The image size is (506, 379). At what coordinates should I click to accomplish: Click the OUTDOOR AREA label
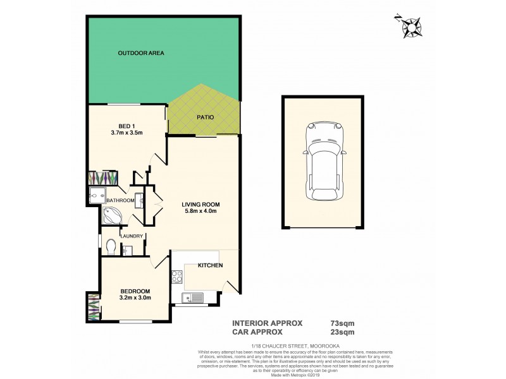[141, 53]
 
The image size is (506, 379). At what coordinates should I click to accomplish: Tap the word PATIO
[204, 117]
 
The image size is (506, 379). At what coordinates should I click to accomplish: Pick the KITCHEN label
[210, 266]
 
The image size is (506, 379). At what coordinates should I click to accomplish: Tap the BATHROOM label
[120, 201]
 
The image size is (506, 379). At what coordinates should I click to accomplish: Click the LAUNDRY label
[132, 236]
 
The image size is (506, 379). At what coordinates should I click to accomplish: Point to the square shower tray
[97, 196]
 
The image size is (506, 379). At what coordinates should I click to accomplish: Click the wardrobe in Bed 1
[103, 177]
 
